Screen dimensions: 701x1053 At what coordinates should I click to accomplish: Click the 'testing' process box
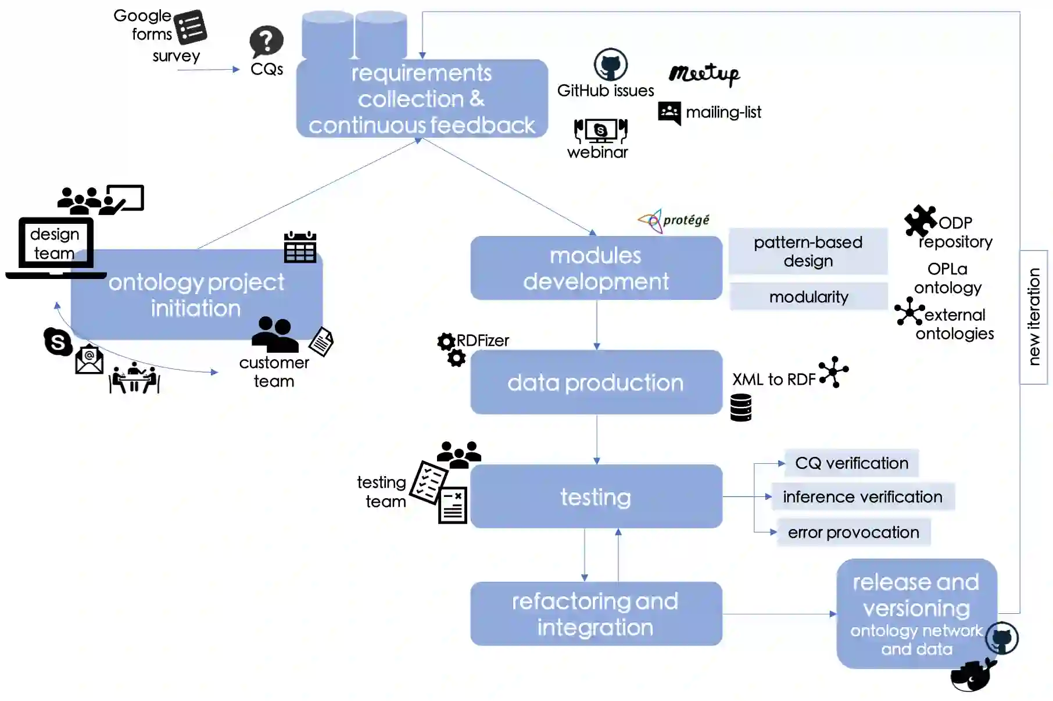click(x=596, y=497)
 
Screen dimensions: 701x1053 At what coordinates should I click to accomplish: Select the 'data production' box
click(x=596, y=382)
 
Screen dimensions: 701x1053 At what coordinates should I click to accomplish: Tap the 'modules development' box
click(x=596, y=268)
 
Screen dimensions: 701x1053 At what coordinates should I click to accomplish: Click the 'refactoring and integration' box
click(x=596, y=614)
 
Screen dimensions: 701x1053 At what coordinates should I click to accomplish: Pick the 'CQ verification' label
click(x=851, y=463)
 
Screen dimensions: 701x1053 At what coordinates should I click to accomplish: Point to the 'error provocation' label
click(x=853, y=532)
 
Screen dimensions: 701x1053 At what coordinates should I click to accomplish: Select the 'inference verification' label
click(x=862, y=497)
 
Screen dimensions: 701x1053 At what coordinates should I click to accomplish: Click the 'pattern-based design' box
click(x=808, y=251)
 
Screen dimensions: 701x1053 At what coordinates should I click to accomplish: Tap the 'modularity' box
click(x=808, y=297)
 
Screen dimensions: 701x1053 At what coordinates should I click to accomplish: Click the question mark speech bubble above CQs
click(x=266, y=41)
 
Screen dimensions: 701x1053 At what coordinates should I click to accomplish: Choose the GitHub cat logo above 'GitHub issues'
click(x=610, y=65)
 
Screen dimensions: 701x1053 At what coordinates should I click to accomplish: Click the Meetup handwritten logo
click(x=704, y=74)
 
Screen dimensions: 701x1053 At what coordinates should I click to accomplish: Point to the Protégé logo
click(x=674, y=220)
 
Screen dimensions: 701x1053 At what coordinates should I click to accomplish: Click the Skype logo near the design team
click(x=58, y=341)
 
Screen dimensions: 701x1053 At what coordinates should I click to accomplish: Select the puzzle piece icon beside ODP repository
click(x=920, y=221)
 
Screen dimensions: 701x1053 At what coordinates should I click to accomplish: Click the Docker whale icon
click(x=972, y=675)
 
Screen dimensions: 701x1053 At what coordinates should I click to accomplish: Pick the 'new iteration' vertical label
click(x=1033, y=317)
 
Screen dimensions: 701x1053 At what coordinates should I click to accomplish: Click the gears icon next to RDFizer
click(x=451, y=349)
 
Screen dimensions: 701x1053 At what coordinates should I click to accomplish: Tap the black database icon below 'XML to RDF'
click(x=741, y=407)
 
